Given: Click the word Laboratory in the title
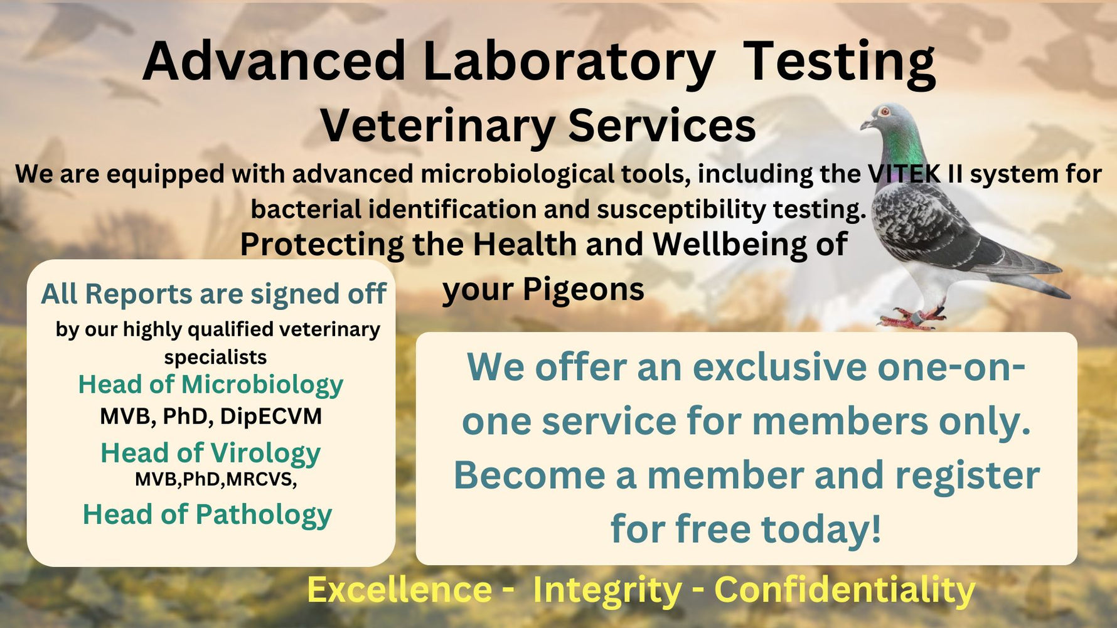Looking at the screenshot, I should pyautogui.click(x=569, y=61).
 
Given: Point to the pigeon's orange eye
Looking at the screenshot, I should pyautogui.click(x=885, y=112).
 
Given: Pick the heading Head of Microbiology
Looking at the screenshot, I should pyautogui.click(x=210, y=385).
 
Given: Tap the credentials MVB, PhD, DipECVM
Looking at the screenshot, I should pyautogui.click(x=211, y=417).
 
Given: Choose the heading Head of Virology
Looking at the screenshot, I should pyautogui.click(x=210, y=453).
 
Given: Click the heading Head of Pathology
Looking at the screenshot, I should pyautogui.click(x=207, y=514).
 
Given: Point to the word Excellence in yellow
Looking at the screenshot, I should pyautogui.click(x=399, y=590).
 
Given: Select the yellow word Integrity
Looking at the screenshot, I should pyautogui.click(x=607, y=590).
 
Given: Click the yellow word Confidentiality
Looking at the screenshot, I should pyautogui.click(x=845, y=590).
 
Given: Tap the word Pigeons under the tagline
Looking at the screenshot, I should pyautogui.click(x=583, y=290).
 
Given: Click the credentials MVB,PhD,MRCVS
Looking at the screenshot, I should pyautogui.click(x=215, y=479).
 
